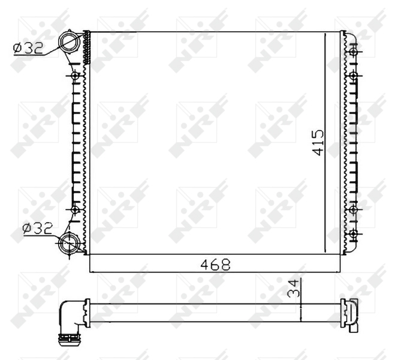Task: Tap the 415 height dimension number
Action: point(318,142)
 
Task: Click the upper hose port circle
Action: point(70,43)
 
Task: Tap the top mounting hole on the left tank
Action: point(75,76)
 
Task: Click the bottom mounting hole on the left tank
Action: point(75,209)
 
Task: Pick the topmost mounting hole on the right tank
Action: point(354,52)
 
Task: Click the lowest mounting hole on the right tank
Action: point(354,233)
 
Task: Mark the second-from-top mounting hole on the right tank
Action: point(354,76)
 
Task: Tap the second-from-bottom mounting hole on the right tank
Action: point(354,209)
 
